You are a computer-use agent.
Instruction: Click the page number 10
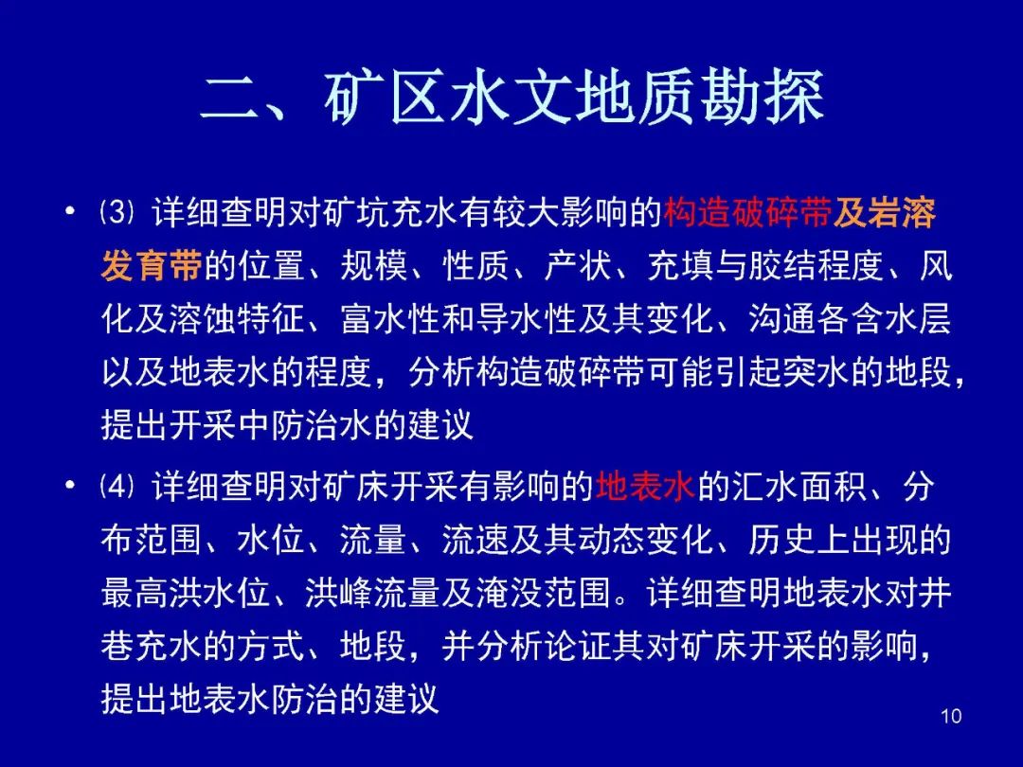(951, 716)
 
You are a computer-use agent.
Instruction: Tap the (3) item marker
(117, 213)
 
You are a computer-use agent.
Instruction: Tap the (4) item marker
(117, 486)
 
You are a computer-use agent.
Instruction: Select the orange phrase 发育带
(152, 265)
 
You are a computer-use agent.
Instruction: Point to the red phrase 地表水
(645, 486)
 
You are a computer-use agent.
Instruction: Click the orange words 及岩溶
(884, 213)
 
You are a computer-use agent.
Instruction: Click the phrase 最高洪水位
(186, 593)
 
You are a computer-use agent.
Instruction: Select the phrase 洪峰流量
(373, 593)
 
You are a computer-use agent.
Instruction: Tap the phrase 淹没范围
(544, 593)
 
